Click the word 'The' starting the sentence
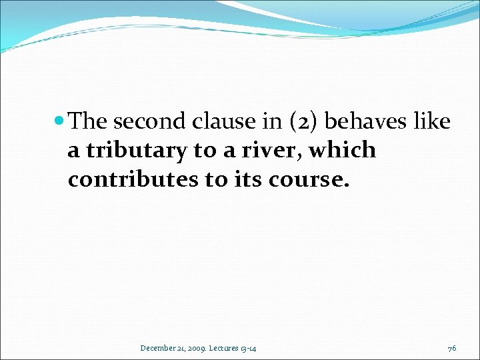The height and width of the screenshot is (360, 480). [x=88, y=121]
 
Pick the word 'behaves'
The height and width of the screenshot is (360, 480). [x=365, y=121]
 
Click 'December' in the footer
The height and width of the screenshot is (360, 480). [x=158, y=347]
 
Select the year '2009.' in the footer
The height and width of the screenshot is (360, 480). [x=199, y=347]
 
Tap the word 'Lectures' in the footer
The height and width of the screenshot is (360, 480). [x=228, y=347]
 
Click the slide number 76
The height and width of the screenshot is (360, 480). [x=452, y=347]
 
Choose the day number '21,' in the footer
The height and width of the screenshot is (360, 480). [x=182, y=347]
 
